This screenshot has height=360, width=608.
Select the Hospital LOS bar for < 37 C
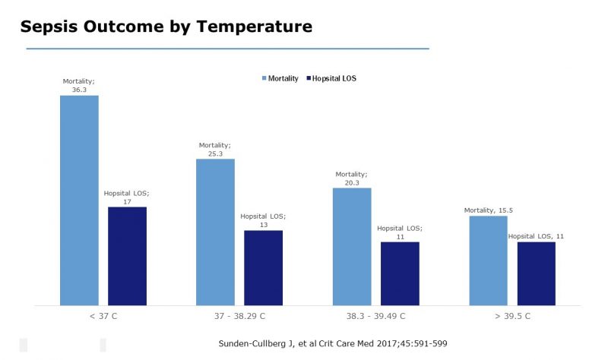[x=127, y=255]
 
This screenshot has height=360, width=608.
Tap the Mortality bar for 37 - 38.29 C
[x=215, y=232]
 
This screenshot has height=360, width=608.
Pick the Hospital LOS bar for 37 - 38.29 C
[x=263, y=267]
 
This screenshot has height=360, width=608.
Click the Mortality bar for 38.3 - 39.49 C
[x=352, y=246]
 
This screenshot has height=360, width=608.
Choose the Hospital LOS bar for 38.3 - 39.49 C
[x=400, y=273]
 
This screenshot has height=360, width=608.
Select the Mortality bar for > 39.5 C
[x=489, y=261]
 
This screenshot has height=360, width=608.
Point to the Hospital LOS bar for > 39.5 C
[x=537, y=273]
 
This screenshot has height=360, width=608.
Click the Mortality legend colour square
[x=264, y=78]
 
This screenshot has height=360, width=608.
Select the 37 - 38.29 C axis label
[x=239, y=316]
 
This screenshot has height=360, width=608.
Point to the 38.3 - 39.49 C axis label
[x=375, y=316]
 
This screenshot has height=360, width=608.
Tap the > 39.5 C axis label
[x=512, y=316]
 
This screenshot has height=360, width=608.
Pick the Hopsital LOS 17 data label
[x=126, y=196]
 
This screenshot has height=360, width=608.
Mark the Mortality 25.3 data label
[x=215, y=148]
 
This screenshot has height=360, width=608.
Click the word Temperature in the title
[x=253, y=27]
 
